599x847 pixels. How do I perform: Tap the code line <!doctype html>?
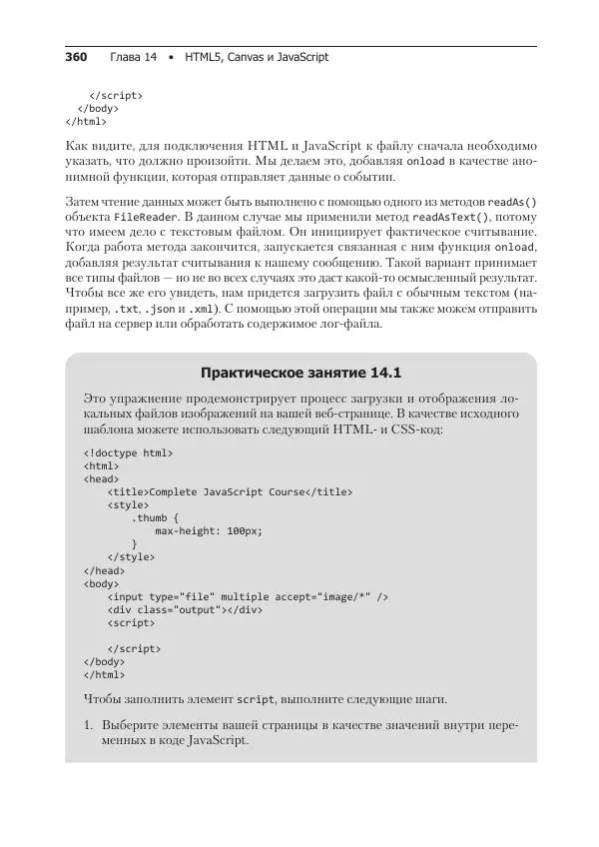129,452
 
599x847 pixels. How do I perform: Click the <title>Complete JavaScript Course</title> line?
230,491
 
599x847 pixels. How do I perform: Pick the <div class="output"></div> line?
185,609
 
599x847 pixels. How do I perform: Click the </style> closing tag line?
131,556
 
